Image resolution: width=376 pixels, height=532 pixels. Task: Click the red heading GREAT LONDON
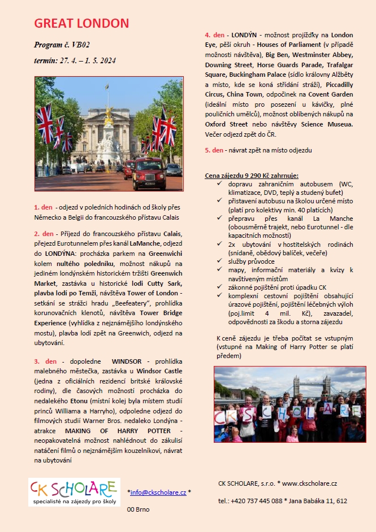81,24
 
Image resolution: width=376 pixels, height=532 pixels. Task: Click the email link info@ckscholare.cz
158,492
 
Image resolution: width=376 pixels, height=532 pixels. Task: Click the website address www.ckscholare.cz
310,483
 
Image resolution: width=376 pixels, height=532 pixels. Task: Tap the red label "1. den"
43,208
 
